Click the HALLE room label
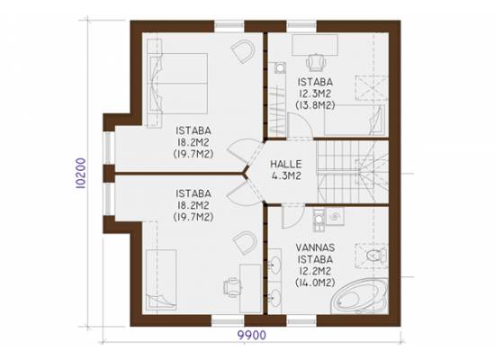[x=286, y=164]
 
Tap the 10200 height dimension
[x=81, y=174]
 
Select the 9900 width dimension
[x=252, y=335]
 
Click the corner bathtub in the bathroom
[x=359, y=296]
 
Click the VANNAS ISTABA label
[x=315, y=253]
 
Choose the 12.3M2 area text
[x=315, y=94]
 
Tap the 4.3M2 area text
[x=286, y=175]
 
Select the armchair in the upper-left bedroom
[x=243, y=51]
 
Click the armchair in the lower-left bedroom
[x=244, y=243]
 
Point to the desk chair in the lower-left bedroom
[x=232, y=287]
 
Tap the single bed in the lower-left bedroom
[x=161, y=278]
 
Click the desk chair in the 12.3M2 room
[x=316, y=62]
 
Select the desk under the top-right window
[x=315, y=45]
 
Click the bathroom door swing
[x=292, y=216]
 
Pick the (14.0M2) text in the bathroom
[x=315, y=283]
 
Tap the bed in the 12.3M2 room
[x=355, y=120]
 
